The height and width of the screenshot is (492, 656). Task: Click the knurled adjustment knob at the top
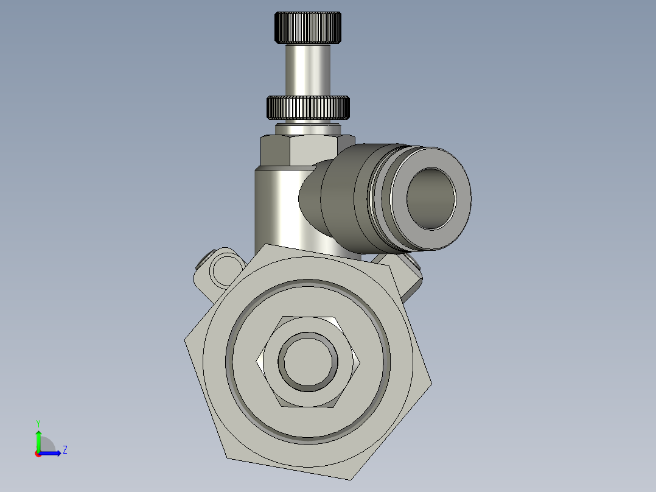[308, 28]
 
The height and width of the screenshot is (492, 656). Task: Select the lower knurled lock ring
[309, 108]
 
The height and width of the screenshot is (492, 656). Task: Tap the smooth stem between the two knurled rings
[308, 70]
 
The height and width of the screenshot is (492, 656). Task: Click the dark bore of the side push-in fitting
[431, 198]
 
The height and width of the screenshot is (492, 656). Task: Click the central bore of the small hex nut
[309, 362]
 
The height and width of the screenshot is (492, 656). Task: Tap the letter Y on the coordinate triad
[38, 423]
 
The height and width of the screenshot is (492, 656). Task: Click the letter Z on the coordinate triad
[65, 450]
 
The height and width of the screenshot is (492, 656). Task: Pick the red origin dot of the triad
[38, 454]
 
